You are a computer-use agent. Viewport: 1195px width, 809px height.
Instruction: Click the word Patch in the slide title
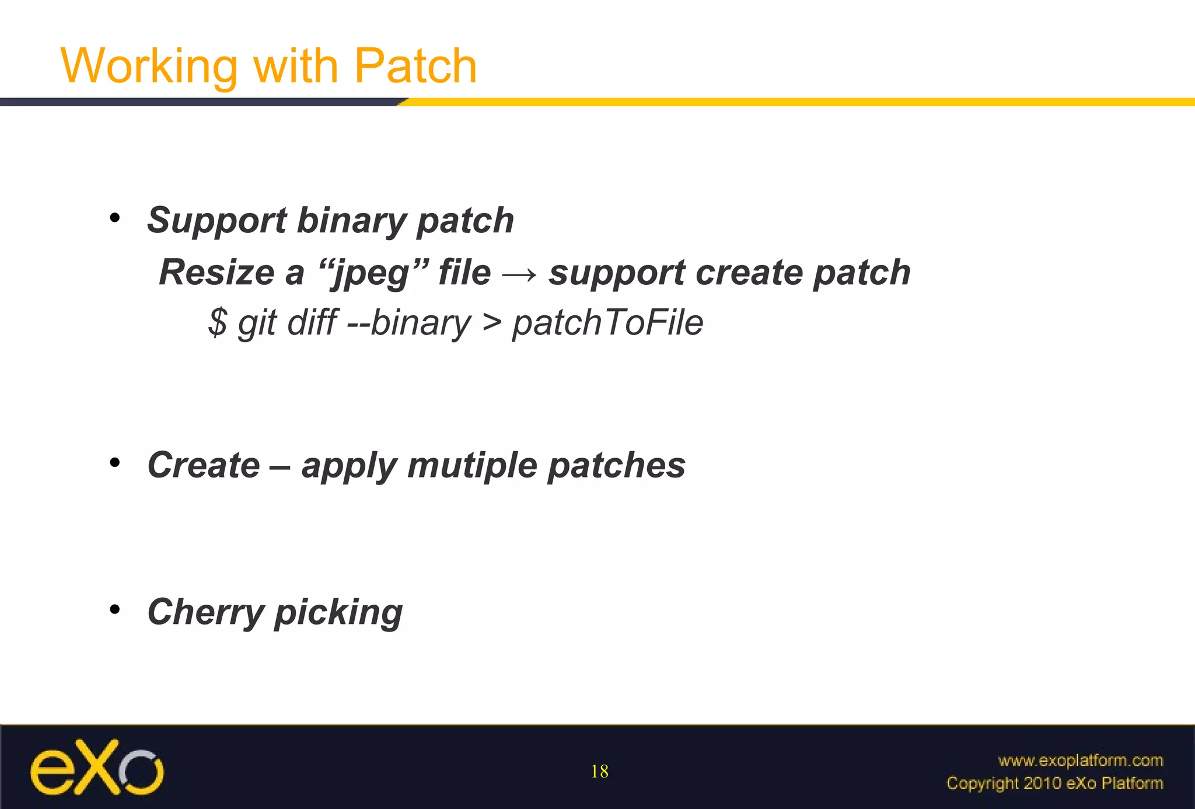(x=415, y=66)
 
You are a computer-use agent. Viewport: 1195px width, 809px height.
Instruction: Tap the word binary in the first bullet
(x=350, y=221)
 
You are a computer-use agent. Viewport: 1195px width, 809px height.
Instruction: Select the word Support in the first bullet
(x=216, y=221)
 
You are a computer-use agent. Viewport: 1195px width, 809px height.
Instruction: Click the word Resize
(x=216, y=273)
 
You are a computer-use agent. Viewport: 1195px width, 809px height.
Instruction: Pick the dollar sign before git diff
(x=218, y=322)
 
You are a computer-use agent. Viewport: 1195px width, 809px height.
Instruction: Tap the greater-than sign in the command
(x=492, y=323)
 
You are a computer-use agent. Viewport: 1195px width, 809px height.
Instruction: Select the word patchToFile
(x=607, y=322)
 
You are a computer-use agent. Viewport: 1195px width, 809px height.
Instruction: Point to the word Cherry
(x=206, y=612)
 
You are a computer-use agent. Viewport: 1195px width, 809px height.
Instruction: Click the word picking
(x=338, y=612)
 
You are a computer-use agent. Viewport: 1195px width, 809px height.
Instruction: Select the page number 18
(x=599, y=772)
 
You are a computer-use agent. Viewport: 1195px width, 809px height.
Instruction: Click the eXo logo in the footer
(x=97, y=768)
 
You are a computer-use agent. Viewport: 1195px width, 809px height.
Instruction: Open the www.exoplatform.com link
(x=1080, y=760)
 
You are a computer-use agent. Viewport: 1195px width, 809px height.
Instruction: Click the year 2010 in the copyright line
(x=1042, y=783)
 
